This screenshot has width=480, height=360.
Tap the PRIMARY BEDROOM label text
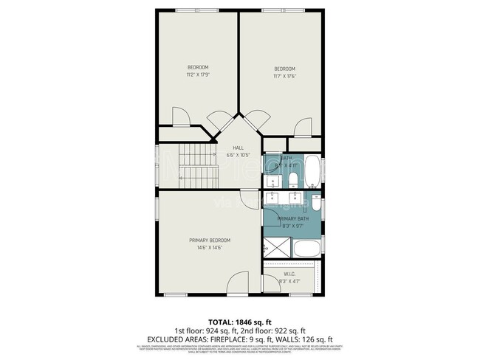[210, 240]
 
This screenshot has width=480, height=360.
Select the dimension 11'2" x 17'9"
[198, 75]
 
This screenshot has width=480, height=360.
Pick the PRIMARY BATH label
[292, 219]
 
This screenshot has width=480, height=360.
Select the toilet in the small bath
[293, 180]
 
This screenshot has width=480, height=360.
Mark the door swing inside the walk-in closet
[270, 285]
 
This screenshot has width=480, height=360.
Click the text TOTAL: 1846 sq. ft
[240, 322]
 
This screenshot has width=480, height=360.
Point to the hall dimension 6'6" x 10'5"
[239, 156]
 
